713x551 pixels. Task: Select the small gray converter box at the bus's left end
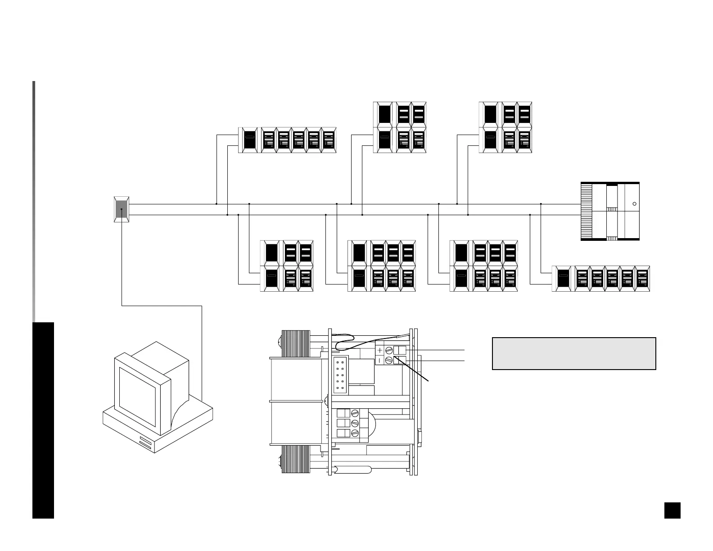122,209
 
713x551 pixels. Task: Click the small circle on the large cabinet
635,204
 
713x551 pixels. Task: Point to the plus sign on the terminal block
380,350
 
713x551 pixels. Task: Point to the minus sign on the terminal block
380,360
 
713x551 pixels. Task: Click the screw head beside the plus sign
389,350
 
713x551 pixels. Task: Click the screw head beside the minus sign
389,360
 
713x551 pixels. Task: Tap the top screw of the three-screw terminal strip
355,413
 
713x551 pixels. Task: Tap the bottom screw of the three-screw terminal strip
355,433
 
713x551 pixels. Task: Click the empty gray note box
574,353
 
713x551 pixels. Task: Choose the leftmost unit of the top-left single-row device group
248,140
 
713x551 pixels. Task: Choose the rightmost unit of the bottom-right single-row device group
642,279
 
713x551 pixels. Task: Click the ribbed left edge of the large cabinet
587,211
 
